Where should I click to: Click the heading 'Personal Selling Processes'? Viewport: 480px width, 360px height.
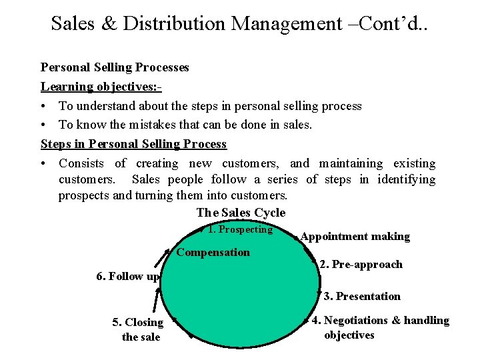click(115, 67)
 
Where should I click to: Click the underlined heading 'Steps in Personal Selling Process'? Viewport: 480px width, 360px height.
click(133, 144)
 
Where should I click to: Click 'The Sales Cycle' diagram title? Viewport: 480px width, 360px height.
click(241, 213)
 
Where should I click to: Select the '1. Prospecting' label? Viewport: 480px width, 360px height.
click(240, 229)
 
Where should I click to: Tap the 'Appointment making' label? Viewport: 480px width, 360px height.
click(355, 237)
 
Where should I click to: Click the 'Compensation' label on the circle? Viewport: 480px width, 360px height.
click(213, 252)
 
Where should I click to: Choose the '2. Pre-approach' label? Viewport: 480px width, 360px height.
click(361, 264)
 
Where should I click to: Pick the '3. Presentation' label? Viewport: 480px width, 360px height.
click(362, 296)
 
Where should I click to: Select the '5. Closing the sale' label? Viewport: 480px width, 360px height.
click(138, 329)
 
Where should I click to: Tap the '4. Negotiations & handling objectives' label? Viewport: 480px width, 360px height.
click(381, 327)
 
